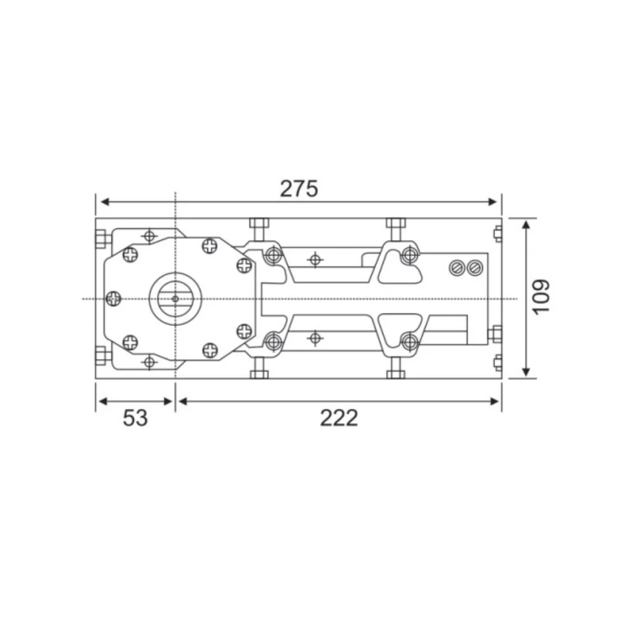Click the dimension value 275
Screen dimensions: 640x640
[299, 188]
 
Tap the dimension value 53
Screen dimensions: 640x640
[135, 418]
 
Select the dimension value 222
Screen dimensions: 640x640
[339, 418]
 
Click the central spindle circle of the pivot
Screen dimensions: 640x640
[175, 298]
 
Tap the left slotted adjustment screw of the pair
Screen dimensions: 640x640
[457, 268]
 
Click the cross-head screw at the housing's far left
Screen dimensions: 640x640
[113, 299]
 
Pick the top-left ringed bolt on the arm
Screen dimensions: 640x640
[273, 255]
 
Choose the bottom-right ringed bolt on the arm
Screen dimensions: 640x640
[408, 341]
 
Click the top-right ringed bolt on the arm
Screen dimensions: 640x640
[408, 255]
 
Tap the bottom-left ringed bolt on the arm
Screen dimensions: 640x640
[273, 341]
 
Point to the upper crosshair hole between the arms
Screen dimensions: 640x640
[315, 259]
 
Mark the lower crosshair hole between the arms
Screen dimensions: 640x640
[315, 338]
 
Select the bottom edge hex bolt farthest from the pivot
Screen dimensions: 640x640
[395, 374]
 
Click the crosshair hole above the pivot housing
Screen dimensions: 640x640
[149, 236]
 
